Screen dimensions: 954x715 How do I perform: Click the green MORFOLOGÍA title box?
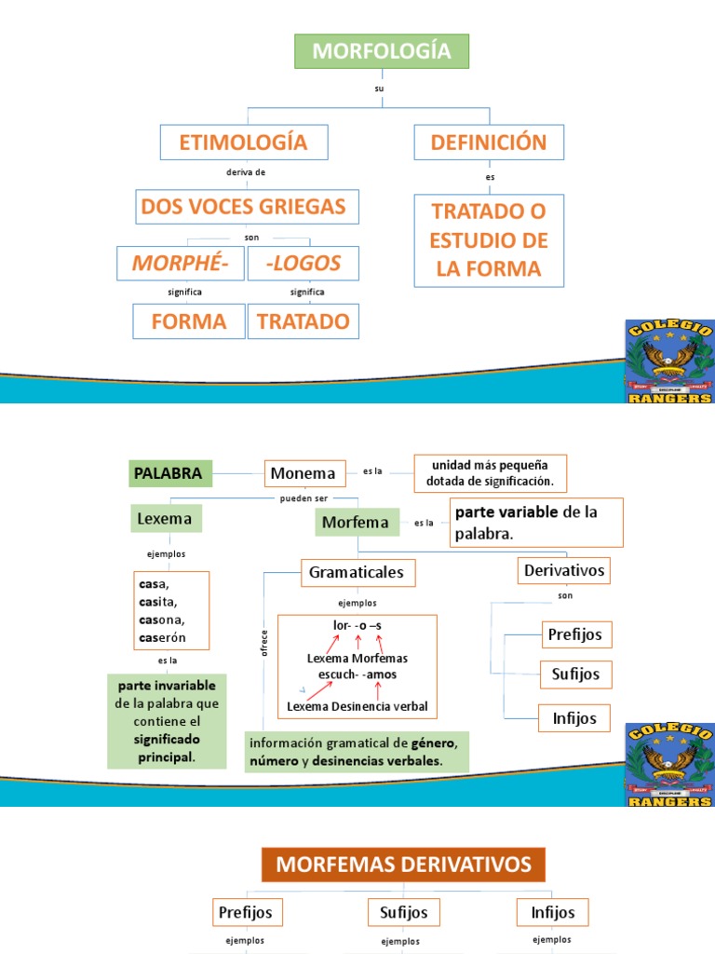pyautogui.click(x=381, y=51)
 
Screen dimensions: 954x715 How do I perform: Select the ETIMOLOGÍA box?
pyautogui.click(x=242, y=143)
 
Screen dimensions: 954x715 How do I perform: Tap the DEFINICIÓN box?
pyautogui.click(x=488, y=143)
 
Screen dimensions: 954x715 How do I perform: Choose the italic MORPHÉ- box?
pyautogui.click(x=180, y=263)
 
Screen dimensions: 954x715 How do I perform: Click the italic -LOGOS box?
pyautogui.click(x=303, y=263)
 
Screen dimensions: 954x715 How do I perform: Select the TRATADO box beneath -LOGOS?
pyautogui.click(x=303, y=321)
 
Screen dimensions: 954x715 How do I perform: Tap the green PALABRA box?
pyautogui.click(x=168, y=473)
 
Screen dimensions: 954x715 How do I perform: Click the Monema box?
pyautogui.click(x=304, y=473)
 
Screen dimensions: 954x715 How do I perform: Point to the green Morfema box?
pyautogui.click(x=356, y=522)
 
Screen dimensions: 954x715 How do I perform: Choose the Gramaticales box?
pyautogui.click(x=357, y=572)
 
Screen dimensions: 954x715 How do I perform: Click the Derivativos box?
pyautogui.click(x=564, y=570)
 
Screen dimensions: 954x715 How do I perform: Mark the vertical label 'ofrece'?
pyautogui.click(x=264, y=643)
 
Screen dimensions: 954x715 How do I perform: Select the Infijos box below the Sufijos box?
pyautogui.click(x=575, y=718)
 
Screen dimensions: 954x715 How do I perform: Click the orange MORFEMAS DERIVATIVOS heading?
pyautogui.click(x=403, y=864)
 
